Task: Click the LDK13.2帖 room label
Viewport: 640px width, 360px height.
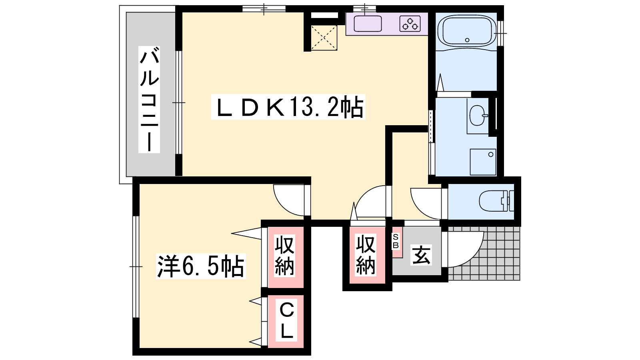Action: [288, 106]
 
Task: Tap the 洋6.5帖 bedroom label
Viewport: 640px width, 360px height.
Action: [201, 266]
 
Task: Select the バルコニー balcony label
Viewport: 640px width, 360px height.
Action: [149, 100]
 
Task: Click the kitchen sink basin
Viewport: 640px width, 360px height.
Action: [368, 24]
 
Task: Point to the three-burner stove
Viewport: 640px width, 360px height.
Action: [410, 24]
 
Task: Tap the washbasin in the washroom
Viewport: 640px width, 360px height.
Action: [478, 116]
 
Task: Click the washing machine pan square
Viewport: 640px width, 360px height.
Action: [483, 162]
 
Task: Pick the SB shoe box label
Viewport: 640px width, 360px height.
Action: [396, 241]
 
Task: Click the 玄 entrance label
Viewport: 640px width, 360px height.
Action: [421, 255]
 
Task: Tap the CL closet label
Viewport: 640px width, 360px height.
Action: [286, 320]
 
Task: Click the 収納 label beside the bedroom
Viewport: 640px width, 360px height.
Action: [284, 256]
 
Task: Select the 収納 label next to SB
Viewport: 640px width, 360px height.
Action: [366, 255]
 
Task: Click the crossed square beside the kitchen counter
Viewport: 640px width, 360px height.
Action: [324, 38]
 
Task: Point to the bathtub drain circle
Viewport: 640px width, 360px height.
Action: [467, 40]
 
